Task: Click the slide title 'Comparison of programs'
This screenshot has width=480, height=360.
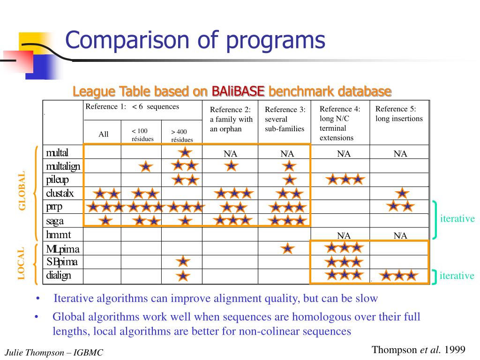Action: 195,40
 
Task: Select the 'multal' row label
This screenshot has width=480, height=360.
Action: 57,152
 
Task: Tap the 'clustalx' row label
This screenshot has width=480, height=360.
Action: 60,193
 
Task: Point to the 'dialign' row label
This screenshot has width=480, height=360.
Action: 59,275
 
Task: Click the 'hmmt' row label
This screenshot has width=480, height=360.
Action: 58,234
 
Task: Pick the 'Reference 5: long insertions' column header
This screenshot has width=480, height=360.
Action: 399,113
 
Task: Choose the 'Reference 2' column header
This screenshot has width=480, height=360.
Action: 231,119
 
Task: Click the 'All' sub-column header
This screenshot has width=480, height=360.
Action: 104,134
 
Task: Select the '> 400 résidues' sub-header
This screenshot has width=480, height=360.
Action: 182,135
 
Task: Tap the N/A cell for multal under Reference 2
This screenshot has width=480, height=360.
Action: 231,154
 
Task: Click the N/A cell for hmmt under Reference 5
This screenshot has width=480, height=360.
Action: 400,235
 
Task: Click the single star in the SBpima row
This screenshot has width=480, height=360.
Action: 183,262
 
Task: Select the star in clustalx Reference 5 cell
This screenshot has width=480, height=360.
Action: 402,193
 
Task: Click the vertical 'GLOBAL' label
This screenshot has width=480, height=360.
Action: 22,191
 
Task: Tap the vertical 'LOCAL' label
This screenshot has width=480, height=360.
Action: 22,263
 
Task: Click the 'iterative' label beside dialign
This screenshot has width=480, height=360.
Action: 457,276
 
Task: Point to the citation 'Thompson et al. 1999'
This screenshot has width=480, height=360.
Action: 418,349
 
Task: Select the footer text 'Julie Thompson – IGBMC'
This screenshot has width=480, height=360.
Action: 53,353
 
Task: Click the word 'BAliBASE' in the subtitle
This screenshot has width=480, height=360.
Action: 238,90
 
